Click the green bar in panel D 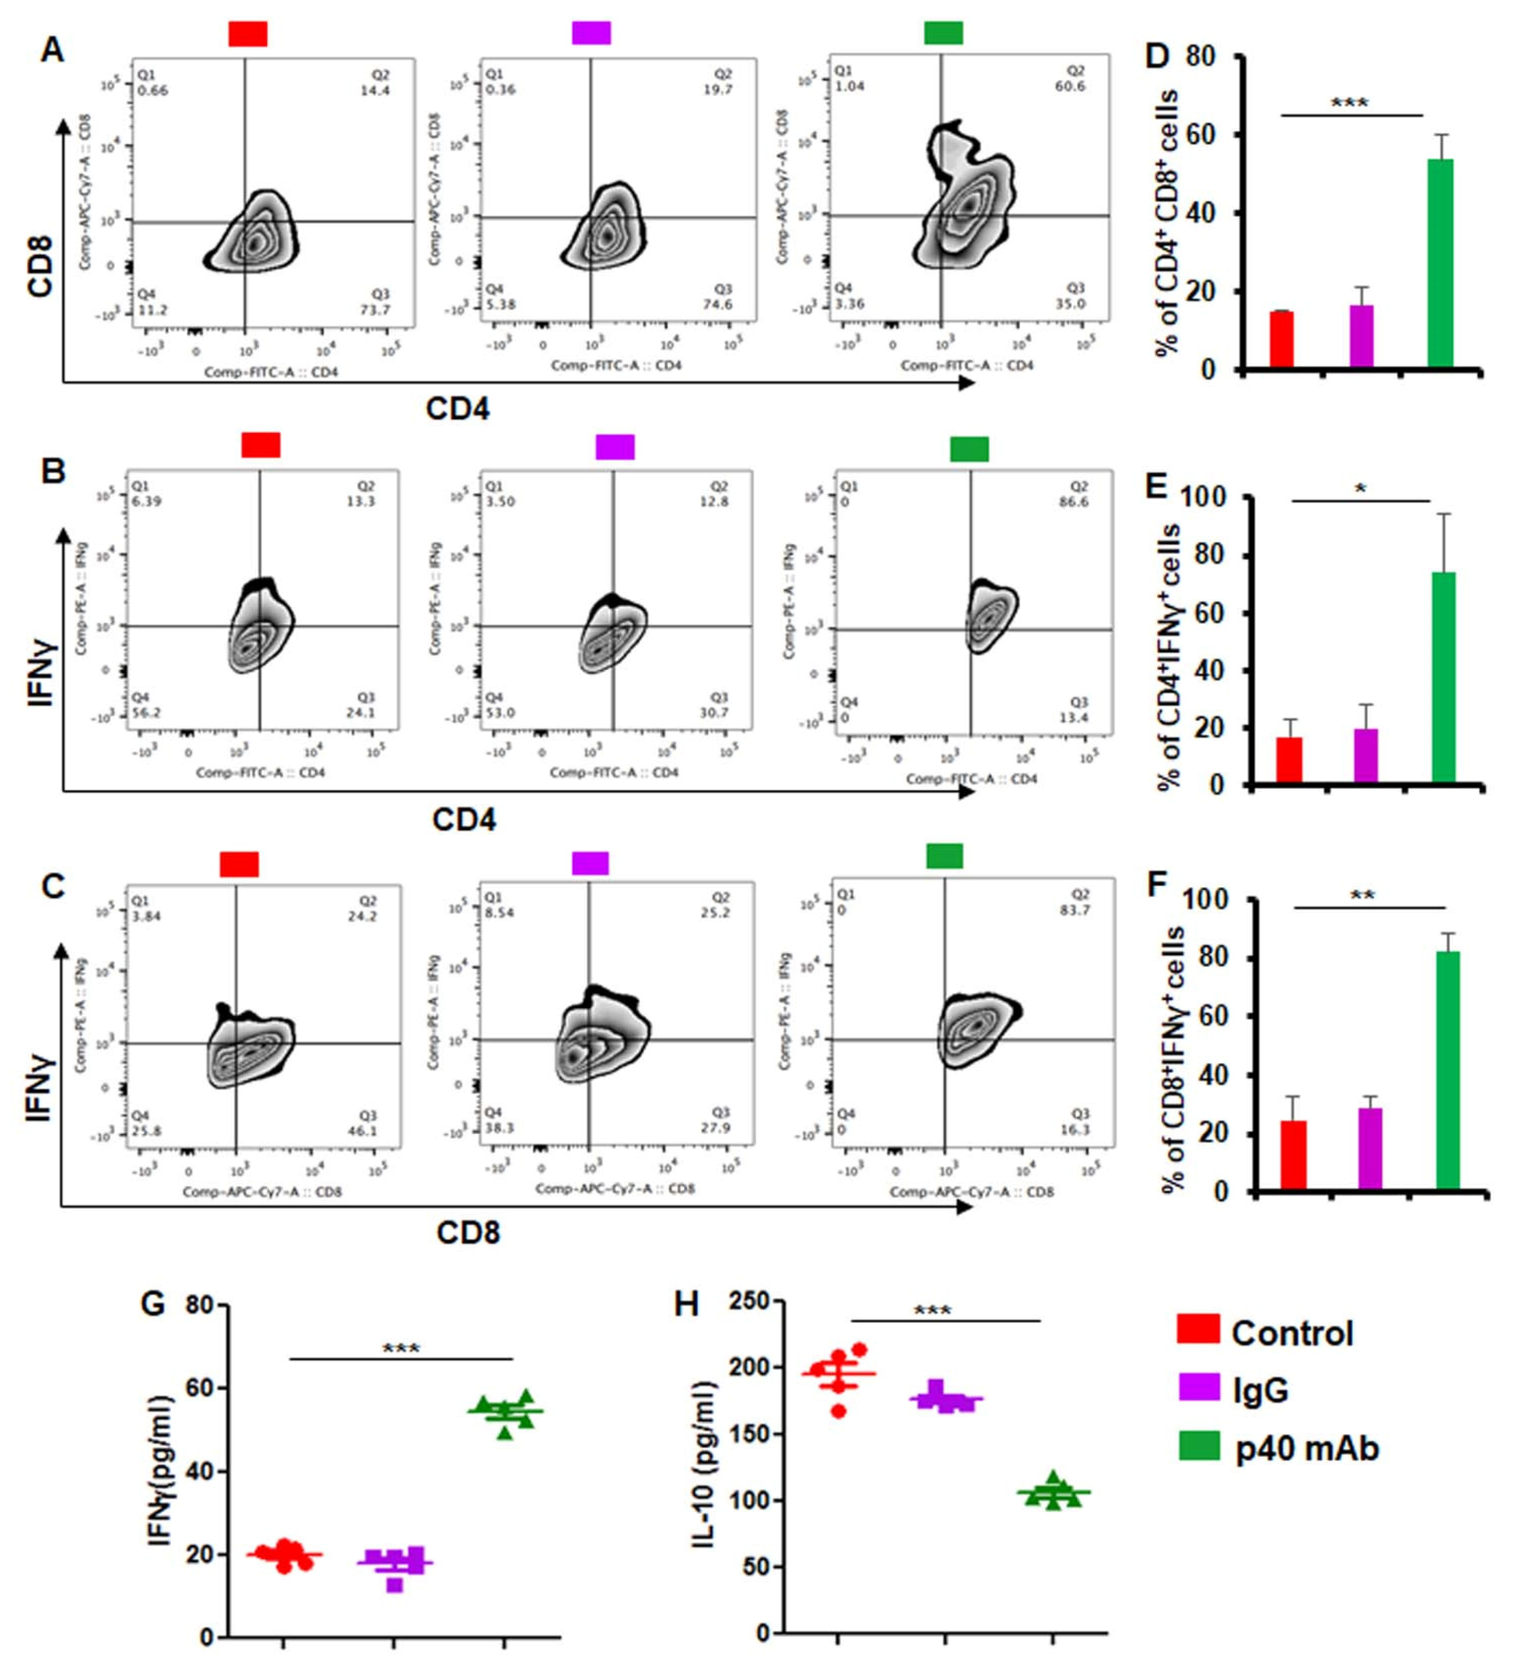tap(1440, 263)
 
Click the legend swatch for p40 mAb tap(1199, 1447)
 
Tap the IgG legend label tap(1260, 1390)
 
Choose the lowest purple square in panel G tap(395, 1584)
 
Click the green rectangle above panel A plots tap(944, 33)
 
